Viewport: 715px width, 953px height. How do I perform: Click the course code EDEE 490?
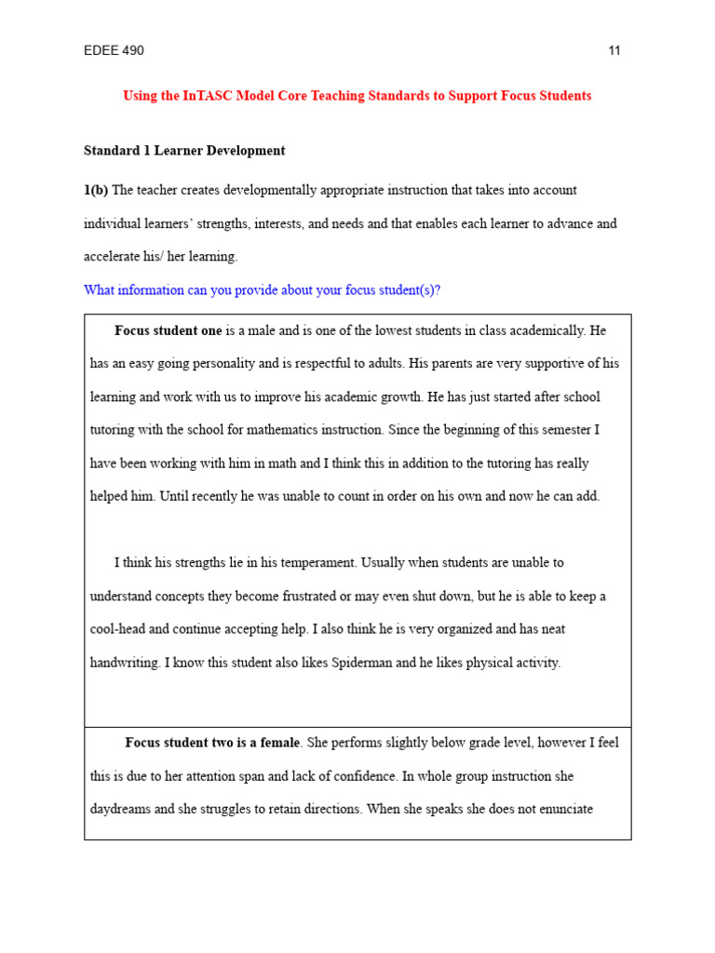pos(114,51)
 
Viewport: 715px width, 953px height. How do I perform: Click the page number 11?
pos(614,51)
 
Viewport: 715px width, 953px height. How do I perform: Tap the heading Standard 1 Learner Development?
pos(184,151)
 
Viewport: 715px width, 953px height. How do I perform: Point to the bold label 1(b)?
pos(96,191)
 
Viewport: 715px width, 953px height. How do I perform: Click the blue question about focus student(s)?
pos(262,290)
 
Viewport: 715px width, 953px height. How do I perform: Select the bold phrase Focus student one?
pos(169,330)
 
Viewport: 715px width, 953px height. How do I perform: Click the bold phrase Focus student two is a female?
pos(212,743)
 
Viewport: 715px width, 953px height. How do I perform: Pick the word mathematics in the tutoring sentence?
pos(285,430)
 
